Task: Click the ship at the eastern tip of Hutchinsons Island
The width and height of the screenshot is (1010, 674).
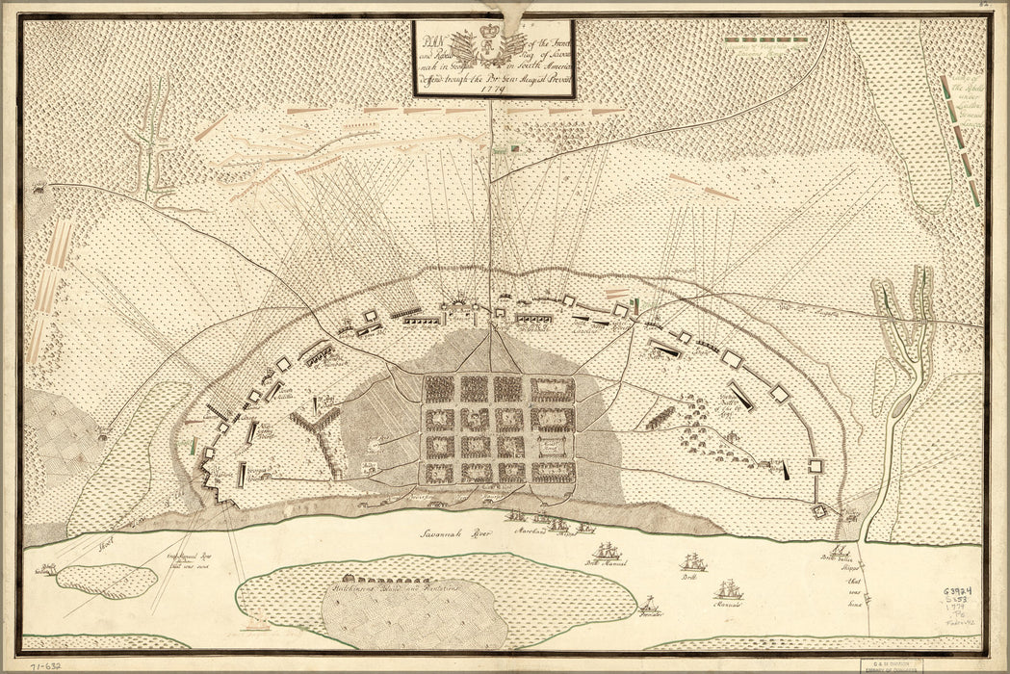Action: pos(728,590)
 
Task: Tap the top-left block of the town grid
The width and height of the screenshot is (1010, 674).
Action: pos(439,389)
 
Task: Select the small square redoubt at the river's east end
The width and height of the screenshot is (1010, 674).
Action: pos(820,510)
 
